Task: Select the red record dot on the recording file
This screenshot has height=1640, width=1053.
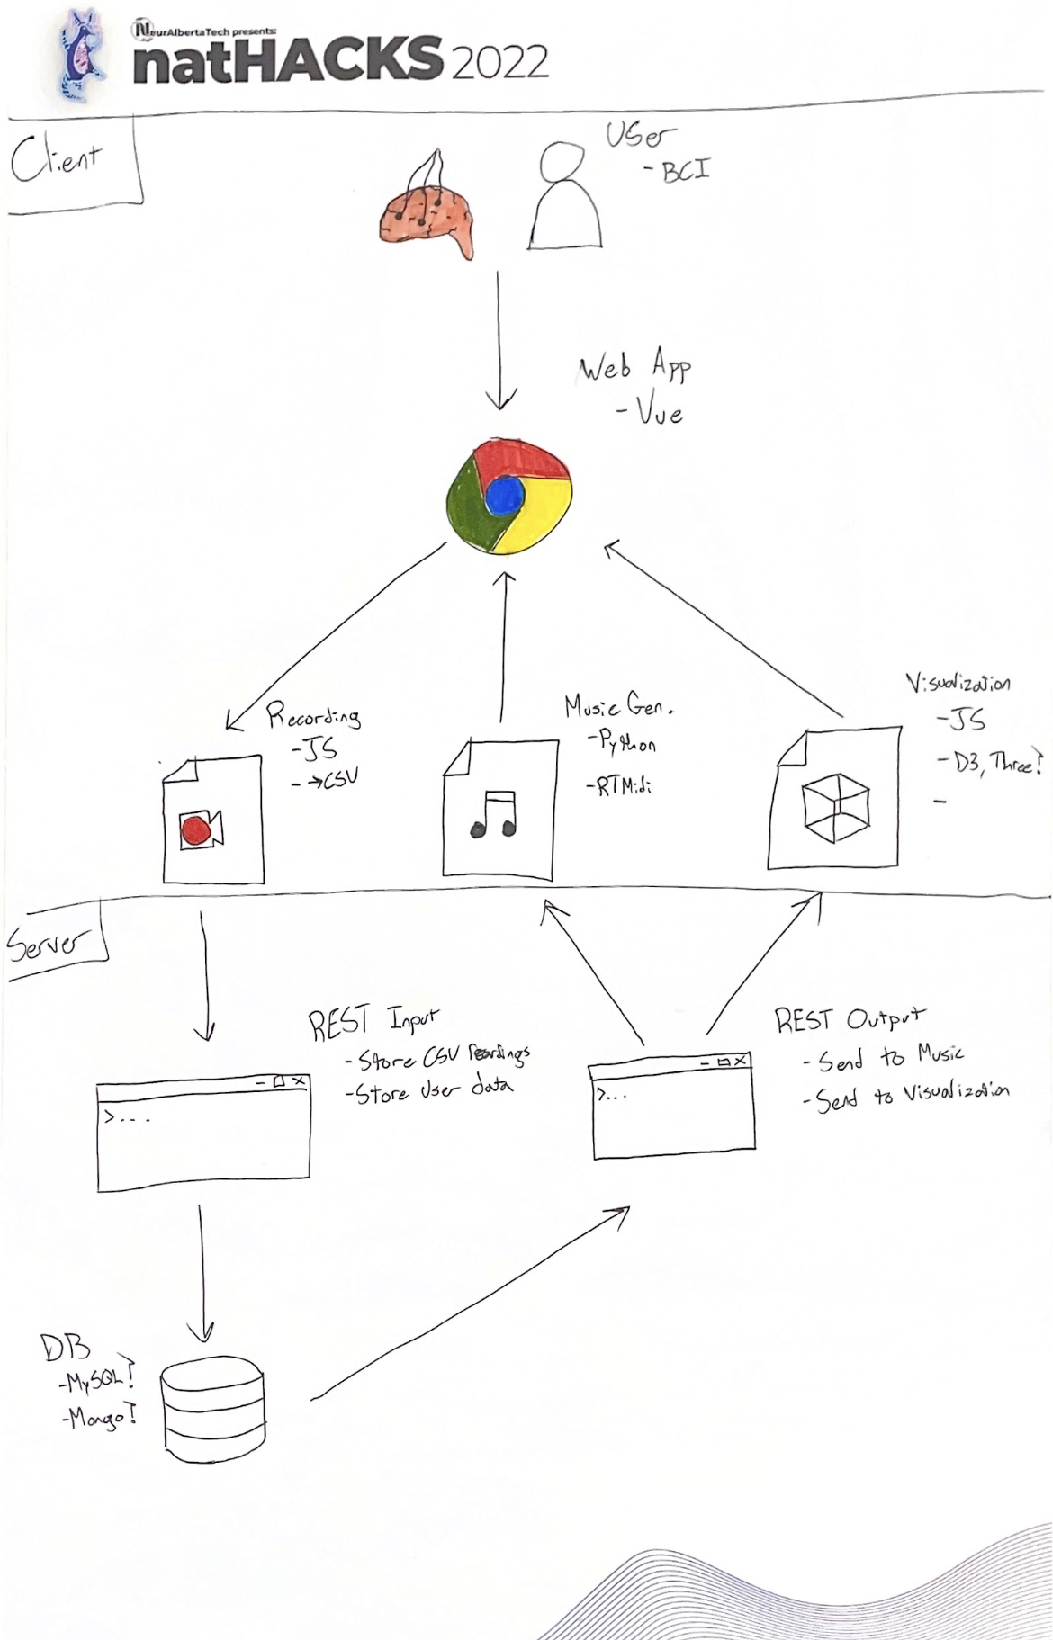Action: (198, 829)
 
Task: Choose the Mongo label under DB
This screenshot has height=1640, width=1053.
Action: (99, 1419)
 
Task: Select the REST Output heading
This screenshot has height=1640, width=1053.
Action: (849, 1019)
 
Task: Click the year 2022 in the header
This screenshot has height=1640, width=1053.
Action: (499, 62)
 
